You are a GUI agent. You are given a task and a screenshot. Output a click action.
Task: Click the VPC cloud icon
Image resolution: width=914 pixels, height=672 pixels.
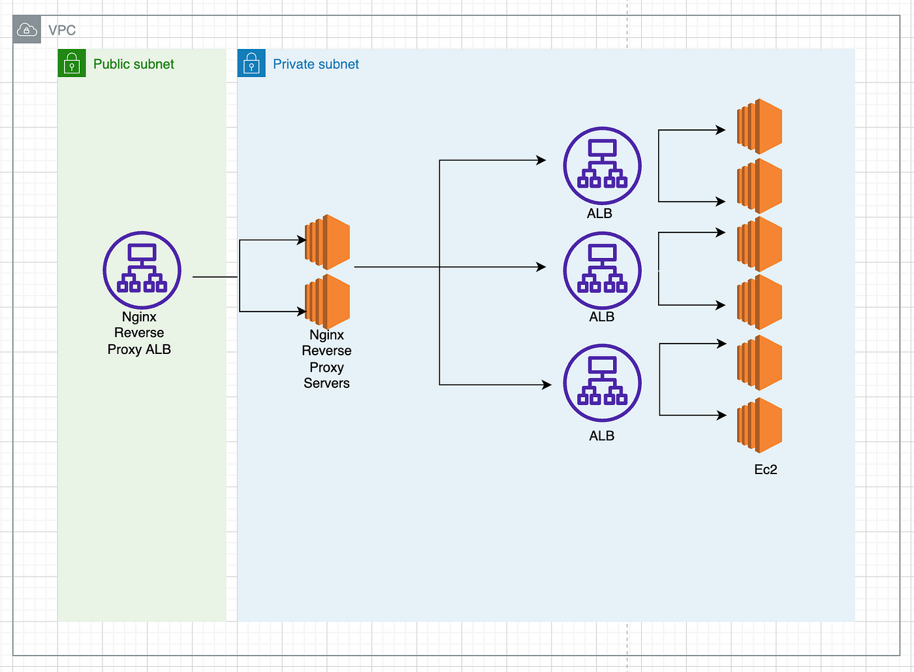pyautogui.click(x=27, y=29)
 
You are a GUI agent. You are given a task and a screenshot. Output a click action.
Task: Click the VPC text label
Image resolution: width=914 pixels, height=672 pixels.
pyautogui.click(x=62, y=30)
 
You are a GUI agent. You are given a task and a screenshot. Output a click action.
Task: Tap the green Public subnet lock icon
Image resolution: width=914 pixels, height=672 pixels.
pyautogui.click(x=72, y=63)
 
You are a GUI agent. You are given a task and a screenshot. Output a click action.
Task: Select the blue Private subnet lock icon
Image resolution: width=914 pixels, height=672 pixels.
pyautogui.click(x=251, y=63)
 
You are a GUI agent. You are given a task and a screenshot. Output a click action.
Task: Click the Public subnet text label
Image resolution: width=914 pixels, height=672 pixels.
pyautogui.click(x=133, y=64)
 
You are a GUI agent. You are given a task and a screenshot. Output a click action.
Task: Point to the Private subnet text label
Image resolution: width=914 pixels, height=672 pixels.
pyautogui.click(x=316, y=64)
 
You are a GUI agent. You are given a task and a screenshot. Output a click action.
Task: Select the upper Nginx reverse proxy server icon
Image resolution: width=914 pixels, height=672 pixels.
pyautogui.click(x=327, y=242)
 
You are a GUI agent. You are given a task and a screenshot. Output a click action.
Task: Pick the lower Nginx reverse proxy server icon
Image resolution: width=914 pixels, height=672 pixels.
pyautogui.click(x=327, y=301)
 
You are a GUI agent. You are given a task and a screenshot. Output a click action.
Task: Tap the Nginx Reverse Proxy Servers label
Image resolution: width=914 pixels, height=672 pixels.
pyautogui.click(x=326, y=359)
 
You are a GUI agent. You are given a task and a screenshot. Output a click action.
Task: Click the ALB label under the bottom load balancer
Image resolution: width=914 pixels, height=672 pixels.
pyautogui.click(x=601, y=436)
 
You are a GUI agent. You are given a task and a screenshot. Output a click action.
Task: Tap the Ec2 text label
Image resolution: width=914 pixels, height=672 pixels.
pyautogui.click(x=765, y=470)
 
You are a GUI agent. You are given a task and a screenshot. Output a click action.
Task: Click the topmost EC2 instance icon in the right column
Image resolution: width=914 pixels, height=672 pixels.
pyautogui.click(x=759, y=126)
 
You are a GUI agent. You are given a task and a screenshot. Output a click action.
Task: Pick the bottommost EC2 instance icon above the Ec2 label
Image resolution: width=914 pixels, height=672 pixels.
pyautogui.click(x=759, y=425)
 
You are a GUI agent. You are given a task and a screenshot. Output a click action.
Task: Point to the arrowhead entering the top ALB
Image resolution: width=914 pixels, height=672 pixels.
pyautogui.click(x=541, y=160)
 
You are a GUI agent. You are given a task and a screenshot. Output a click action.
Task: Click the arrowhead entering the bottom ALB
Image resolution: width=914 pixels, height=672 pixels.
pyautogui.click(x=547, y=385)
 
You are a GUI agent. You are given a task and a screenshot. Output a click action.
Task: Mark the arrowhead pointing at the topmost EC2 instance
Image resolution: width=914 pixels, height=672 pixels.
pyautogui.click(x=721, y=130)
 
